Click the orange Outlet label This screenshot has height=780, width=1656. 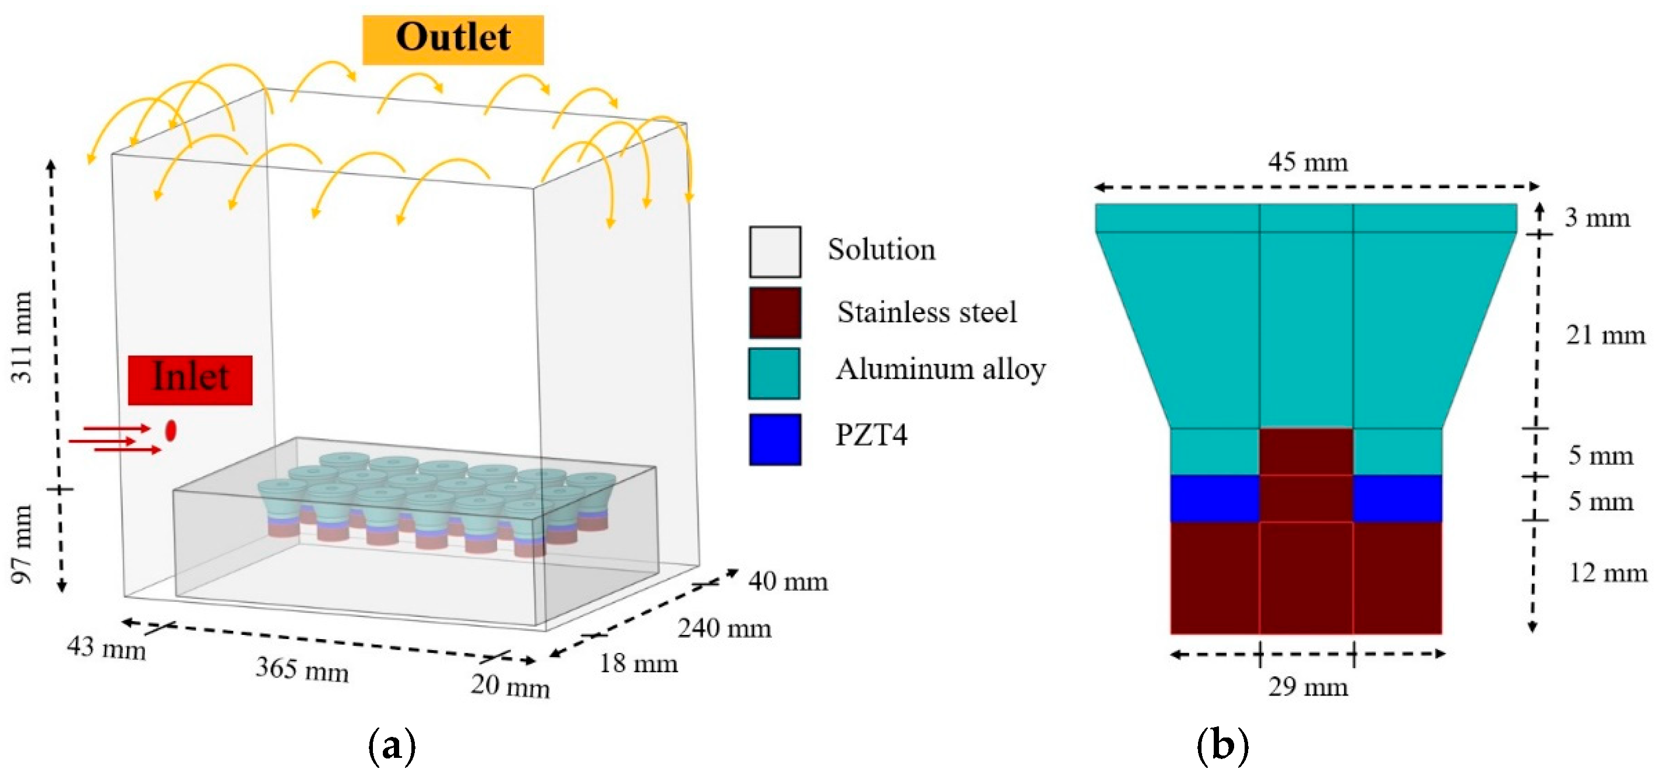click(453, 39)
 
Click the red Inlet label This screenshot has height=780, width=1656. click(191, 379)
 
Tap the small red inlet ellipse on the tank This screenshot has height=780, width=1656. click(170, 430)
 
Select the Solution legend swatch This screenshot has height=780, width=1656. click(774, 251)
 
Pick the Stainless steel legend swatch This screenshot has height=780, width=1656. click(774, 313)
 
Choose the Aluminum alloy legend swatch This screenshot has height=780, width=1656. click(774, 374)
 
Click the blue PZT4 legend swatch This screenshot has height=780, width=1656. click(774, 439)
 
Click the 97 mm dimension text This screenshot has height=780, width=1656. click(22, 543)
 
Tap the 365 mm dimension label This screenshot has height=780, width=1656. click(302, 669)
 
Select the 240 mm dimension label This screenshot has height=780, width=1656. click(724, 629)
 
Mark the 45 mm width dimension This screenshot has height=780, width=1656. click(1308, 163)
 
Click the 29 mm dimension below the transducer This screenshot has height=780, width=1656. click(1308, 687)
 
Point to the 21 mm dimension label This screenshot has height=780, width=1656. click(1605, 336)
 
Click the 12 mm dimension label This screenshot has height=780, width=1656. click(1608, 573)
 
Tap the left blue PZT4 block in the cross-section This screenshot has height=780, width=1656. click(1214, 498)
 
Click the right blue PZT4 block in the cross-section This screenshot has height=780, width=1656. click(1397, 498)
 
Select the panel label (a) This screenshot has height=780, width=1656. click(392, 747)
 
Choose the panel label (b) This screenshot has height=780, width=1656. click(1222, 747)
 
